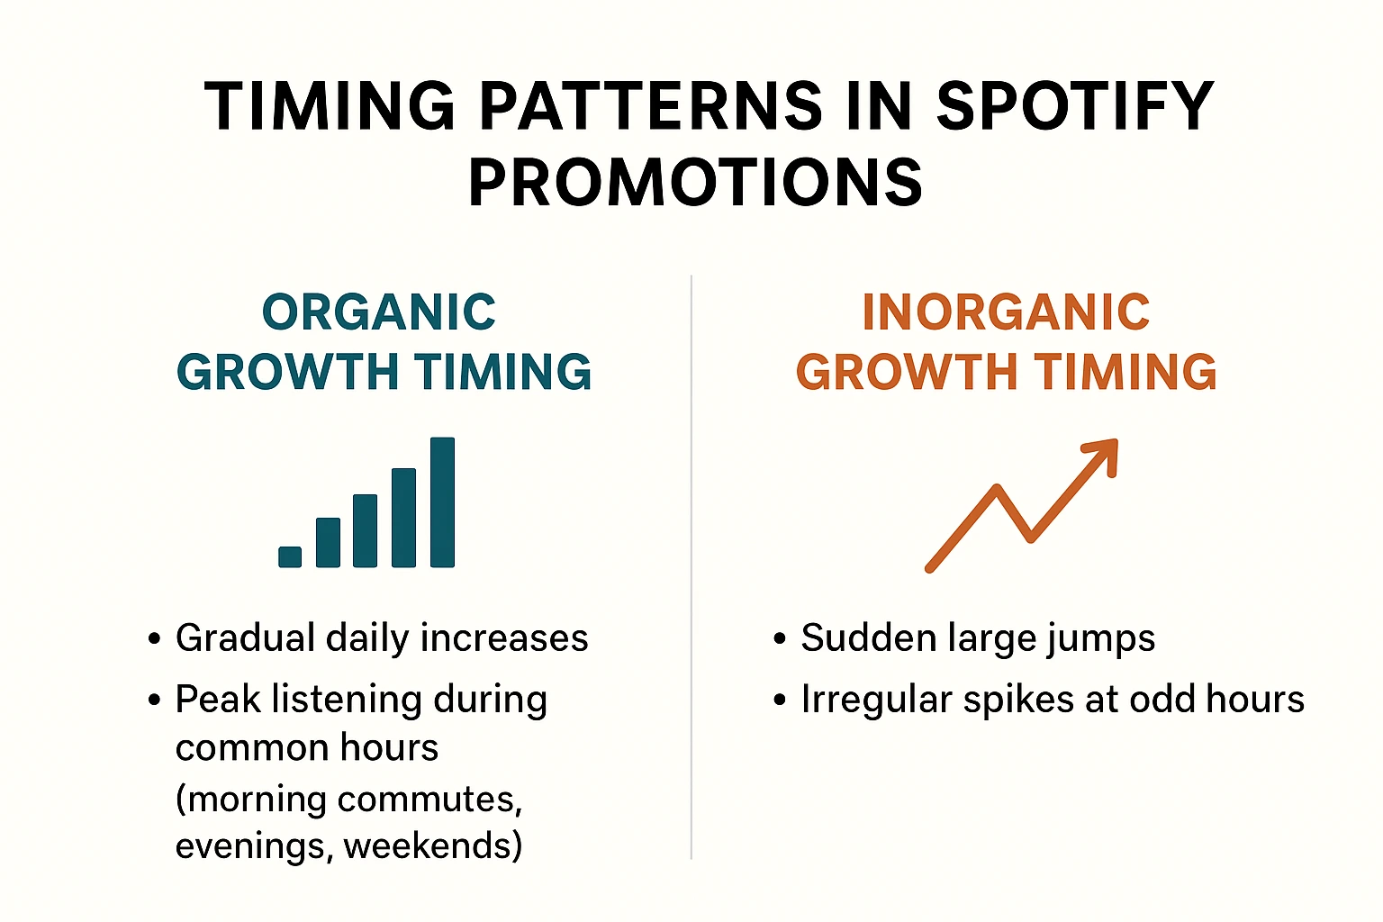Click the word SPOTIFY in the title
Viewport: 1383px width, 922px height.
pos(1074,105)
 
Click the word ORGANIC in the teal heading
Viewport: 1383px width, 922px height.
pos(379,312)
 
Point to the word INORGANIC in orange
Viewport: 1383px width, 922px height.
pos(1006,312)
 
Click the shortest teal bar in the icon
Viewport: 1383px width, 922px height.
pos(290,556)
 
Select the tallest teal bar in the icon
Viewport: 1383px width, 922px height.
pos(443,502)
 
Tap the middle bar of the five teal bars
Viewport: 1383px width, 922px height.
pos(365,530)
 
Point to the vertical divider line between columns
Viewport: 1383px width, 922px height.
pos(691,567)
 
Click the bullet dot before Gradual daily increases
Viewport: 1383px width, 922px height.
pos(154,638)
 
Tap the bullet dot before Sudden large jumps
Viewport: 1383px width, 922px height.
pos(780,638)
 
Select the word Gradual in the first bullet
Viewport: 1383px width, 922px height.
pos(246,637)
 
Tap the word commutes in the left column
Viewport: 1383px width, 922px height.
pos(426,800)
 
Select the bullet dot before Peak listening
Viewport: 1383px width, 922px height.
pos(154,701)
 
